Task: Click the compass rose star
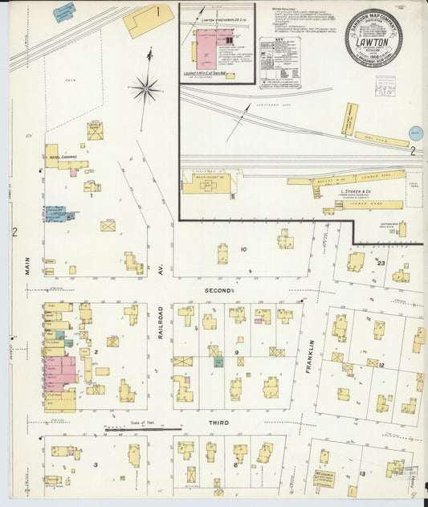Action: pos(146,88)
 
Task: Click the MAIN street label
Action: pos(27,264)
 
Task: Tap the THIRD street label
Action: pos(217,423)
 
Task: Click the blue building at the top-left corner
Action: pos(63,12)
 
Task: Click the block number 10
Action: pos(243,250)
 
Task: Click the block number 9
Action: pos(237,353)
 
